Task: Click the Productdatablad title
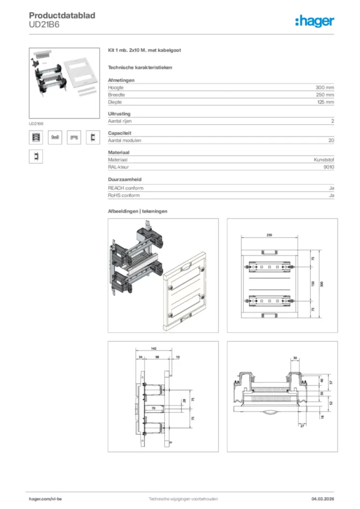[62, 15]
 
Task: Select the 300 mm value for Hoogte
[325, 87]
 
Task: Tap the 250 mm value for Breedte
[325, 94]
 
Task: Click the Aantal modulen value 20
[331, 141]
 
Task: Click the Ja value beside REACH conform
[331, 188]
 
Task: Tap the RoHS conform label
[124, 195]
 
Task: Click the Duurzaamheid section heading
[124, 179]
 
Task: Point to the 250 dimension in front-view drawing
[269, 235]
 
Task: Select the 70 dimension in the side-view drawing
[154, 408]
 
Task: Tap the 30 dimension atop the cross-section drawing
[295, 358]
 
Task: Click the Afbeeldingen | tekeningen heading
[138, 211]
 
